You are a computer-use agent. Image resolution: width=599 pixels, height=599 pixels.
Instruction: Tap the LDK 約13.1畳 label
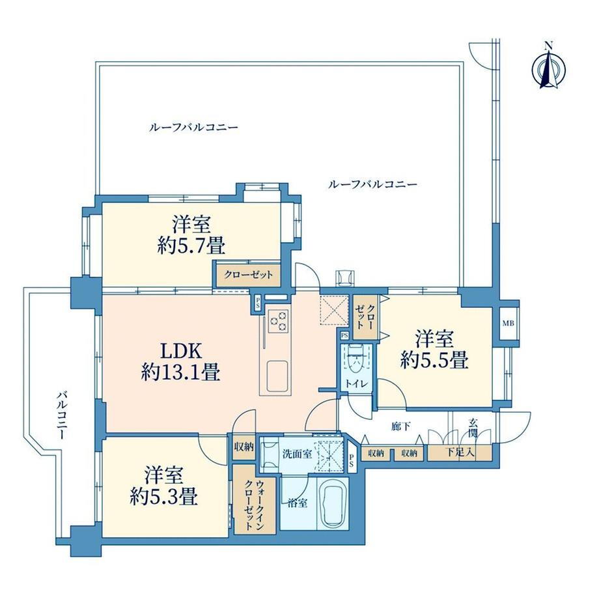pyautogui.click(x=180, y=361)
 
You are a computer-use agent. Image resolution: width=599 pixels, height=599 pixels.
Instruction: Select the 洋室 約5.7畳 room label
pyautogui.click(x=190, y=236)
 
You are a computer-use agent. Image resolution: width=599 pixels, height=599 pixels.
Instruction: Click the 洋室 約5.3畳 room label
pyautogui.click(x=163, y=485)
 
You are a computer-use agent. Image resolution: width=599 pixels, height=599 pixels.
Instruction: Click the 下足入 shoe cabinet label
pyautogui.click(x=458, y=453)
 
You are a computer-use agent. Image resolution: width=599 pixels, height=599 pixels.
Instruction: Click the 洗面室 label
pyautogui.click(x=297, y=452)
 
